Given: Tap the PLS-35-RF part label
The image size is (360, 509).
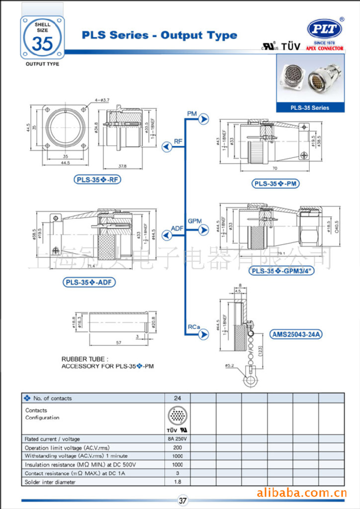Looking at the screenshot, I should pyautogui.click(x=97, y=179).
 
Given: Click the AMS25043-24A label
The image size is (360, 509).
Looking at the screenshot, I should pyautogui.click(x=296, y=335).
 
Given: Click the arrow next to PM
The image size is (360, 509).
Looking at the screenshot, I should pyautogui.click(x=204, y=119).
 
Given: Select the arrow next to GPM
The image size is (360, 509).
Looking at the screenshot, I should pyautogui.click(x=204, y=230).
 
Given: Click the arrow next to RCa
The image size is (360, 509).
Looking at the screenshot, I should pyautogui.click(x=204, y=336).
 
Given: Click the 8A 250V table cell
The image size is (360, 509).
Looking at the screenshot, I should pyautogui.click(x=178, y=439).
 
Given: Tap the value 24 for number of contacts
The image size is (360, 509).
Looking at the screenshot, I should pyautogui.click(x=178, y=398).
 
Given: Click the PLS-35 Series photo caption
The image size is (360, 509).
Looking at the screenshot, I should pyautogui.click(x=310, y=107).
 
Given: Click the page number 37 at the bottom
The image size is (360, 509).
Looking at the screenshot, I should pyautogui.click(x=182, y=501).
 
